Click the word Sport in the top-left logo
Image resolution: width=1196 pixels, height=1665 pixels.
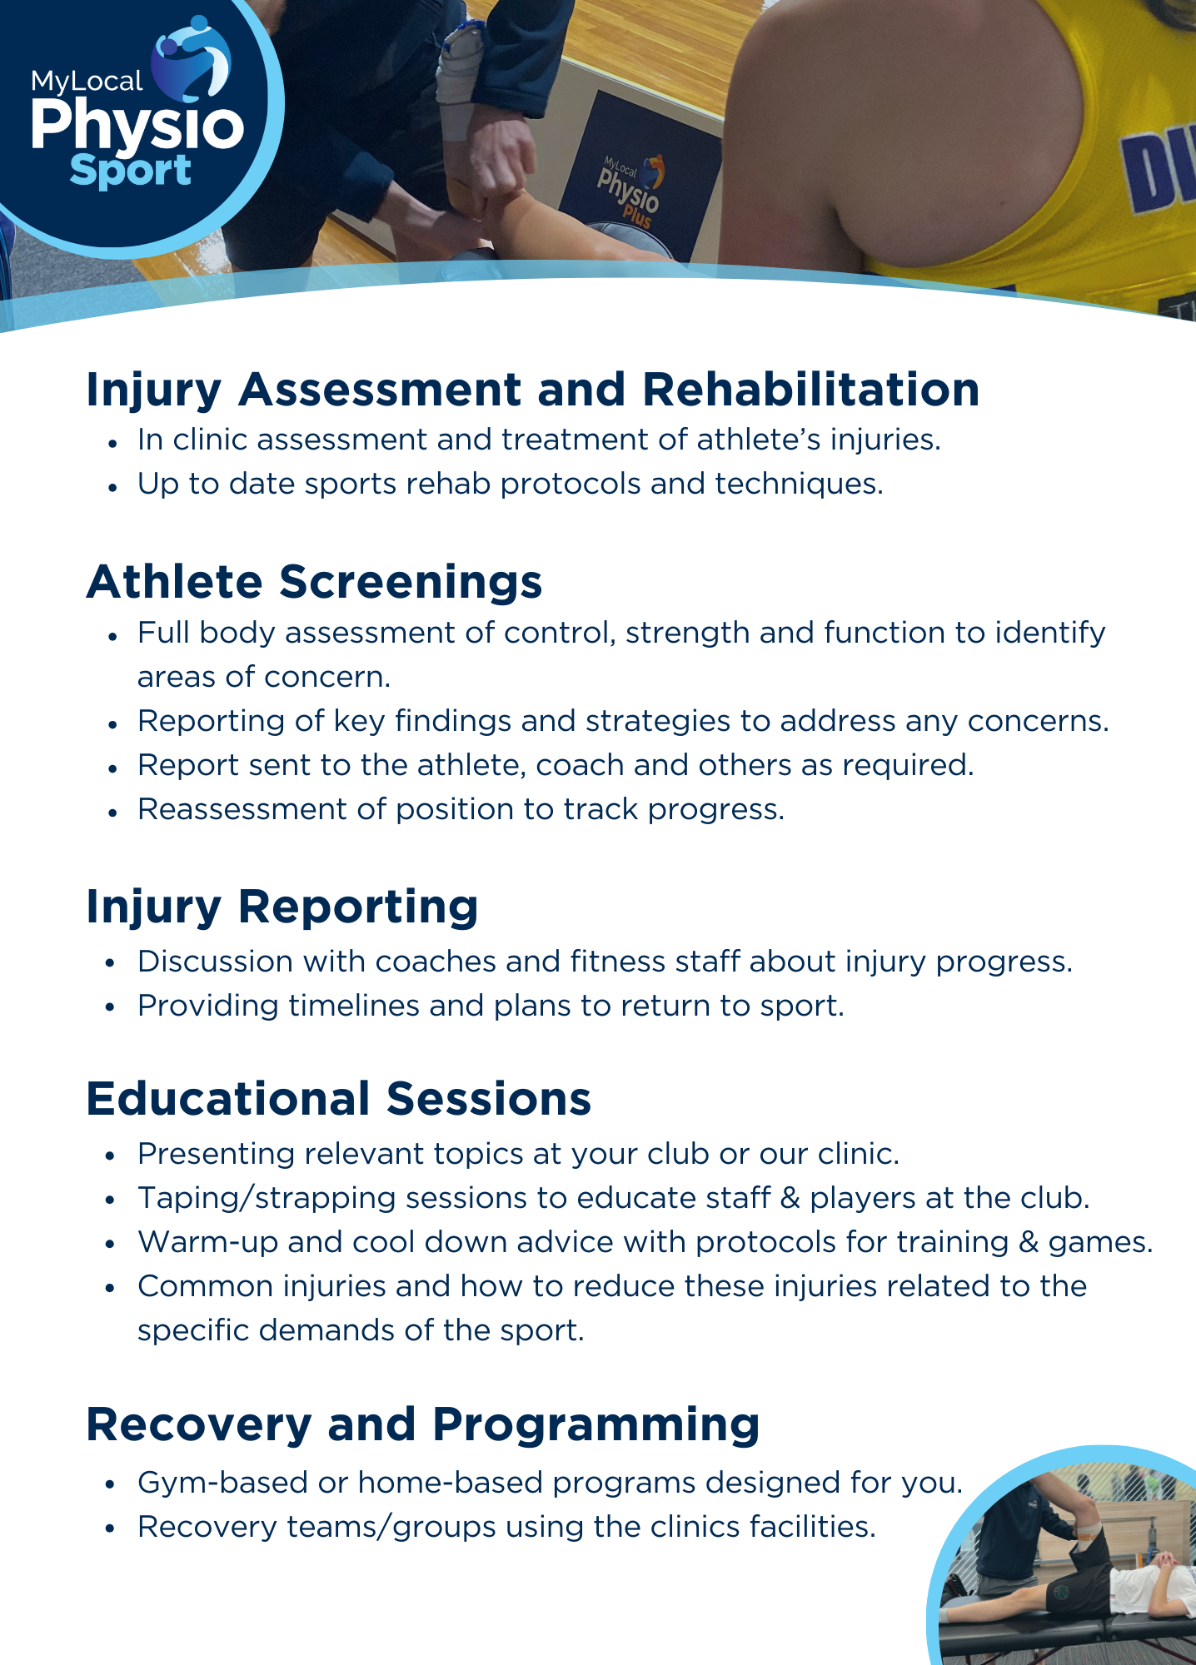click(131, 171)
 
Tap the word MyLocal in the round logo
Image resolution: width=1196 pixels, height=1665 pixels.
click(87, 82)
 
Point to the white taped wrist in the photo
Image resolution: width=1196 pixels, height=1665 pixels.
click(459, 83)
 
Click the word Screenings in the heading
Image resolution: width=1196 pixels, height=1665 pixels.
click(411, 582)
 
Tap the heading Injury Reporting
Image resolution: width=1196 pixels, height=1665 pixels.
click(282, 907)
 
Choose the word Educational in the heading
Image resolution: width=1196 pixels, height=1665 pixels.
click(228, 1099)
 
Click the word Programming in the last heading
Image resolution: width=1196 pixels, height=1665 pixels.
click(596, 1424)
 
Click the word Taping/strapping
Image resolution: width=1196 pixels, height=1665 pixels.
click(267, 1198)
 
